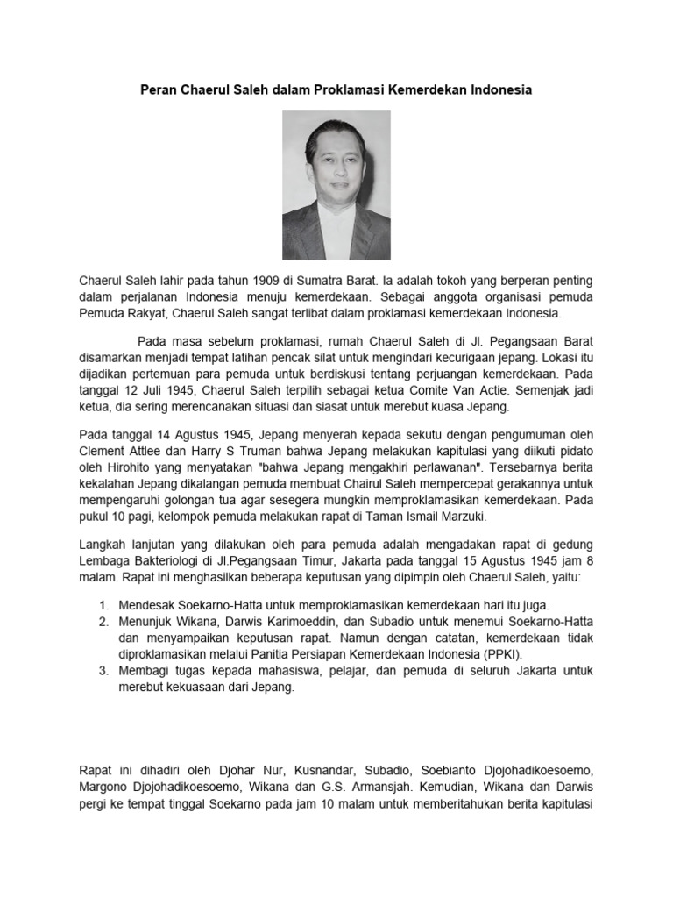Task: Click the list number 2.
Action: coord(103,622)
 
